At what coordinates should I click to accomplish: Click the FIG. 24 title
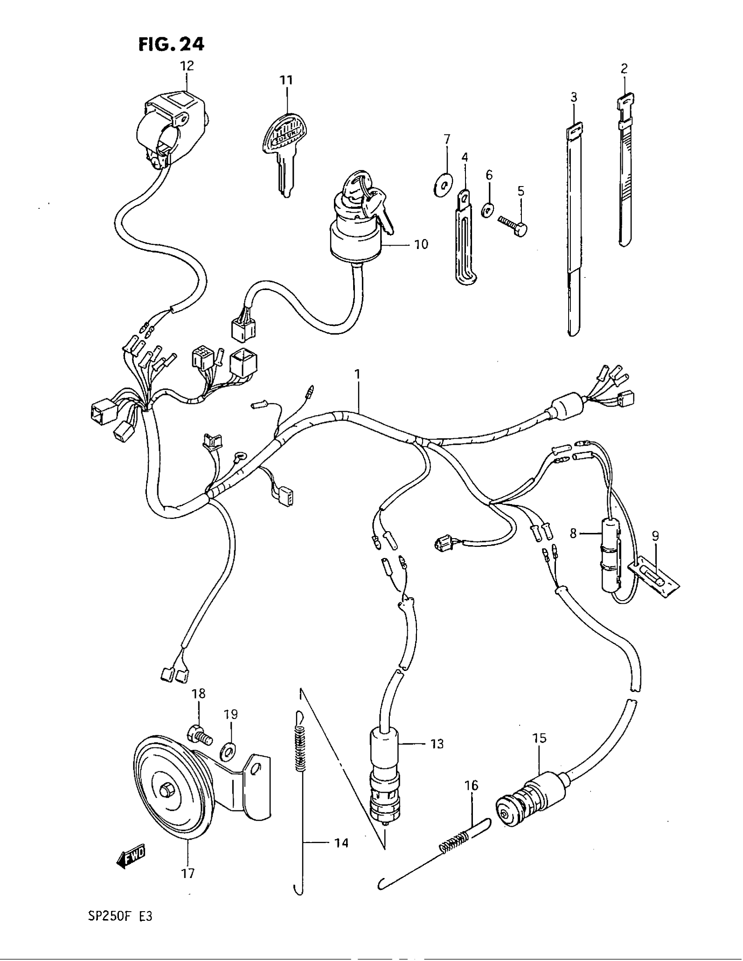pyautogui.click(x=171, y=44)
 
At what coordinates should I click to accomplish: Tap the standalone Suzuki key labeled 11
pyautogui.click(x=284, y=145)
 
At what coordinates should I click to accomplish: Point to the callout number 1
pyautogui.click(x=358, y=375)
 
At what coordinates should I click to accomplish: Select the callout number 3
pyautogui.click(x=573, y=97)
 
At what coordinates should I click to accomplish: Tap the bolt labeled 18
pyautogui.click(x=199, y=734)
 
